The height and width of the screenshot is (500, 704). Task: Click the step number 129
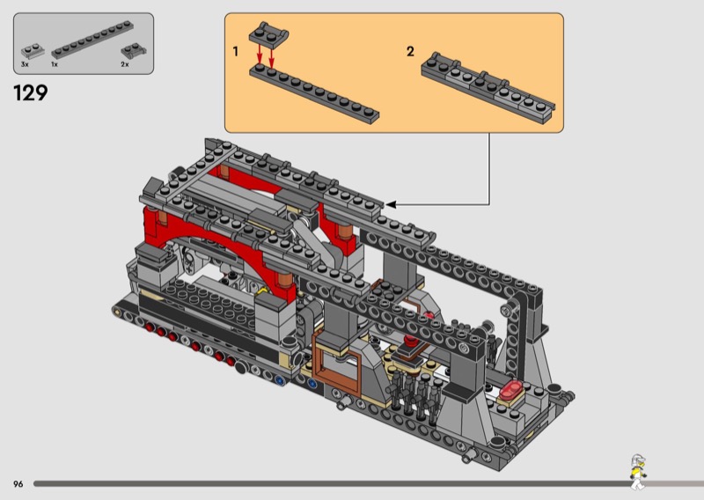pos(31,93)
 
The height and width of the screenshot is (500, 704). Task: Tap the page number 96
pos(18,484)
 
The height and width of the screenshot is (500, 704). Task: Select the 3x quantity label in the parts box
pos(25,64)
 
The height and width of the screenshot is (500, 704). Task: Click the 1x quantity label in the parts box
pos(55,64)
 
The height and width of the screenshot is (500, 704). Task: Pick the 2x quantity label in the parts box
pos(125,64)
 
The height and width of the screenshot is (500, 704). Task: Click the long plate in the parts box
pos(92,40)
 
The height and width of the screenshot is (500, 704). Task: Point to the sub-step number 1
pos(235,51)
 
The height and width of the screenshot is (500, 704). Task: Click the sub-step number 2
pos(410,51)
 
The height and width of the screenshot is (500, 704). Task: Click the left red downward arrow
pos(259,56)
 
